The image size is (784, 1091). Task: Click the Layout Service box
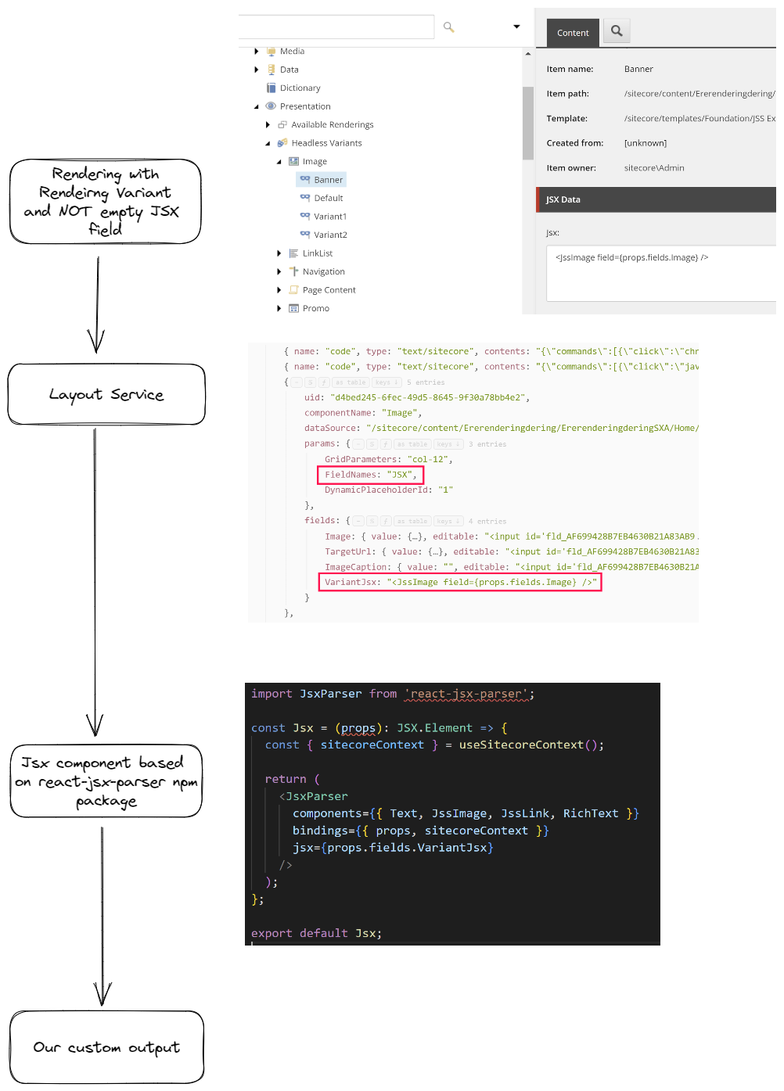106,394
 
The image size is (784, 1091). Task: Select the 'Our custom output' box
106,1047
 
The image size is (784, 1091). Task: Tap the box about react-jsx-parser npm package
106,781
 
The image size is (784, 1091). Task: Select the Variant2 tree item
330,235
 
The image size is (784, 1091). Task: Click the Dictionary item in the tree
300,88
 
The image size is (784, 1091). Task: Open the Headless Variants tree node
326,143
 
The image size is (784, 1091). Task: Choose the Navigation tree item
323,271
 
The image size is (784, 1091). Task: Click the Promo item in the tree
315,308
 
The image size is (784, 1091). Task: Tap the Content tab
573,33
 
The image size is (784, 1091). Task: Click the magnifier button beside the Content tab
617,31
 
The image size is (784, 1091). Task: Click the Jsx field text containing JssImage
631,257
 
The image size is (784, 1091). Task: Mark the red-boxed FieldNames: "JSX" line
370,475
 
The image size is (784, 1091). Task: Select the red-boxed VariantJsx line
460,582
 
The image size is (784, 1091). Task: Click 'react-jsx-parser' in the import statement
466,694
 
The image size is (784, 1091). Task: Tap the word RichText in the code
591,813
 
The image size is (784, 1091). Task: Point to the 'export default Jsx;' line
316,933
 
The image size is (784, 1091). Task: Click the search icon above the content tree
449,27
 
